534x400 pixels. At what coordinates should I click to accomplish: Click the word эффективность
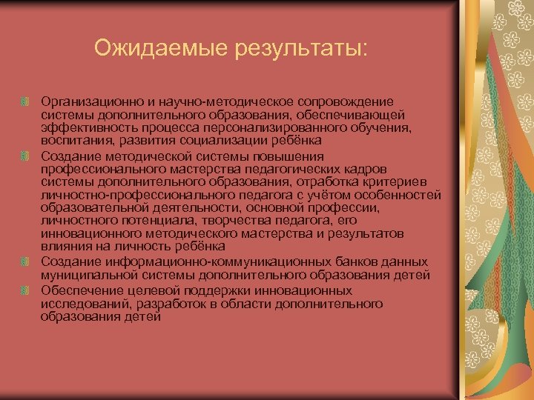coord(82,128)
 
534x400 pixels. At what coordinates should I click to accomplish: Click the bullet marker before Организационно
coord(25,101)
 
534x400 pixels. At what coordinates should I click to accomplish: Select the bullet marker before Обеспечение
coord(25,290)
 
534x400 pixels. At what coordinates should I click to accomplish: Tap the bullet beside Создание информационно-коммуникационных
coord(25,262)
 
